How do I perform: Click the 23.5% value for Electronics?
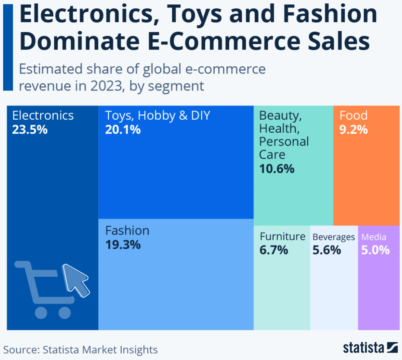(x=30, y=130)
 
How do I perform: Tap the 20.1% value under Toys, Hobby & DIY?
(x=123, y=130)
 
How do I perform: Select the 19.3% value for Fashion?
(x=123, y=245)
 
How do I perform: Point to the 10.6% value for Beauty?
(x=277, y=169)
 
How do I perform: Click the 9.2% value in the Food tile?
(x=354, y=129)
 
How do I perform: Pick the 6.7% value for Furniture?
(x=274, y=250)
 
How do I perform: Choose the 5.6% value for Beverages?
(x=327, y=250)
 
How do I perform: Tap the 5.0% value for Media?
(x=376, y=250)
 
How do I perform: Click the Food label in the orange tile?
(x=354, y=116)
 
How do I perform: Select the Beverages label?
(x=334, y=237)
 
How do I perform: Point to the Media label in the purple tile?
(x=374, y=237)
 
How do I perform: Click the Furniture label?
(x=283, y=237)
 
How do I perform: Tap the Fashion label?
(x=127, y=231)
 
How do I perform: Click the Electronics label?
(x=43, y=116)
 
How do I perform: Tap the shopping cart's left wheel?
(x=41, y=312)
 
